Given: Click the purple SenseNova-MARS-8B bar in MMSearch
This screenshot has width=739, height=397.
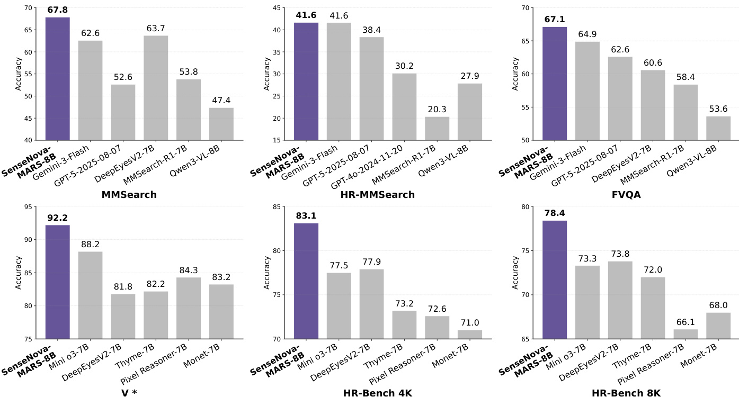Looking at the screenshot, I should click(57, 79).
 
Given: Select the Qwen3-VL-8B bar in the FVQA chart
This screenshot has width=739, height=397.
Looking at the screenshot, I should click(718, 128).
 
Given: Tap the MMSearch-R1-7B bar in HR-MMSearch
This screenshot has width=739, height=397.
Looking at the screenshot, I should click(437, 129).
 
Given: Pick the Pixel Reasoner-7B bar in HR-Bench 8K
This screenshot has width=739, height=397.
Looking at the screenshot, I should click(685, 334).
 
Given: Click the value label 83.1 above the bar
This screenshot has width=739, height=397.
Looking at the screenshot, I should click(306, 216).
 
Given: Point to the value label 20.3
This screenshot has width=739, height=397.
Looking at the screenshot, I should click(437, 110).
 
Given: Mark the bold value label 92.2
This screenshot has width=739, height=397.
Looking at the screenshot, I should click(57, 218).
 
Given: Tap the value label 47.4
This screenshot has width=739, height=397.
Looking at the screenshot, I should click(221, 101).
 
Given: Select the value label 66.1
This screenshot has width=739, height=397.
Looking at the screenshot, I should click(685, 322).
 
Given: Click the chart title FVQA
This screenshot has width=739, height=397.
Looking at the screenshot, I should click(626, 195).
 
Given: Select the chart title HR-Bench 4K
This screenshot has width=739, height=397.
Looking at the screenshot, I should click(378, 393).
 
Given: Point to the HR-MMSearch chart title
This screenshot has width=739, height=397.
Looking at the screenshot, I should click(378, 195).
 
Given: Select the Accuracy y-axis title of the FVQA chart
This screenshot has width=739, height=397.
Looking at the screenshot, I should click(515, 74).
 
